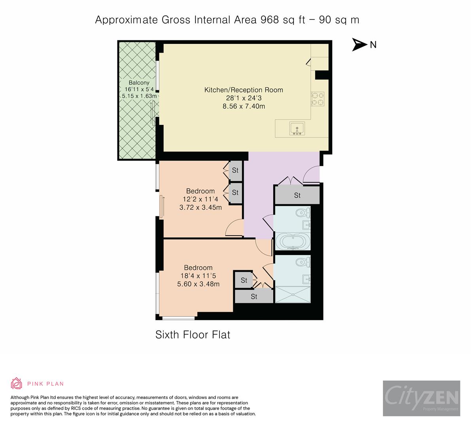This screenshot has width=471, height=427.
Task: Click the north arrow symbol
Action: (x=359, y=45)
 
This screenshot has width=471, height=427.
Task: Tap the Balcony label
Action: (x=139, y=83)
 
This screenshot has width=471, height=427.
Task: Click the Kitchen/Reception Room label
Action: (x=243, y=90)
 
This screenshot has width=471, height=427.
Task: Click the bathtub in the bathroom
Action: (x=293, y=242)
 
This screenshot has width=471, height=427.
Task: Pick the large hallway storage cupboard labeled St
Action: (x=297, y=195)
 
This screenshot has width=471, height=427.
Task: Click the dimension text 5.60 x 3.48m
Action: (x=199, y=284)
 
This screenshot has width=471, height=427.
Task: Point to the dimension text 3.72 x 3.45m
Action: (x=201, y=207)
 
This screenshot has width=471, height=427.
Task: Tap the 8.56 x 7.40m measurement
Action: (x=244, y=106)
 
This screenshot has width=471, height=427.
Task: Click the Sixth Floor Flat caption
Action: (x=193, y=335)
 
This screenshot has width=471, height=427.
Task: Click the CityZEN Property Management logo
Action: (x=421, y=398)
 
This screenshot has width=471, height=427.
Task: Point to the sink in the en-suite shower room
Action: (x=306, y=279)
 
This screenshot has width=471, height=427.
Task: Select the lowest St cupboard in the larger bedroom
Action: (x=254, y=297)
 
